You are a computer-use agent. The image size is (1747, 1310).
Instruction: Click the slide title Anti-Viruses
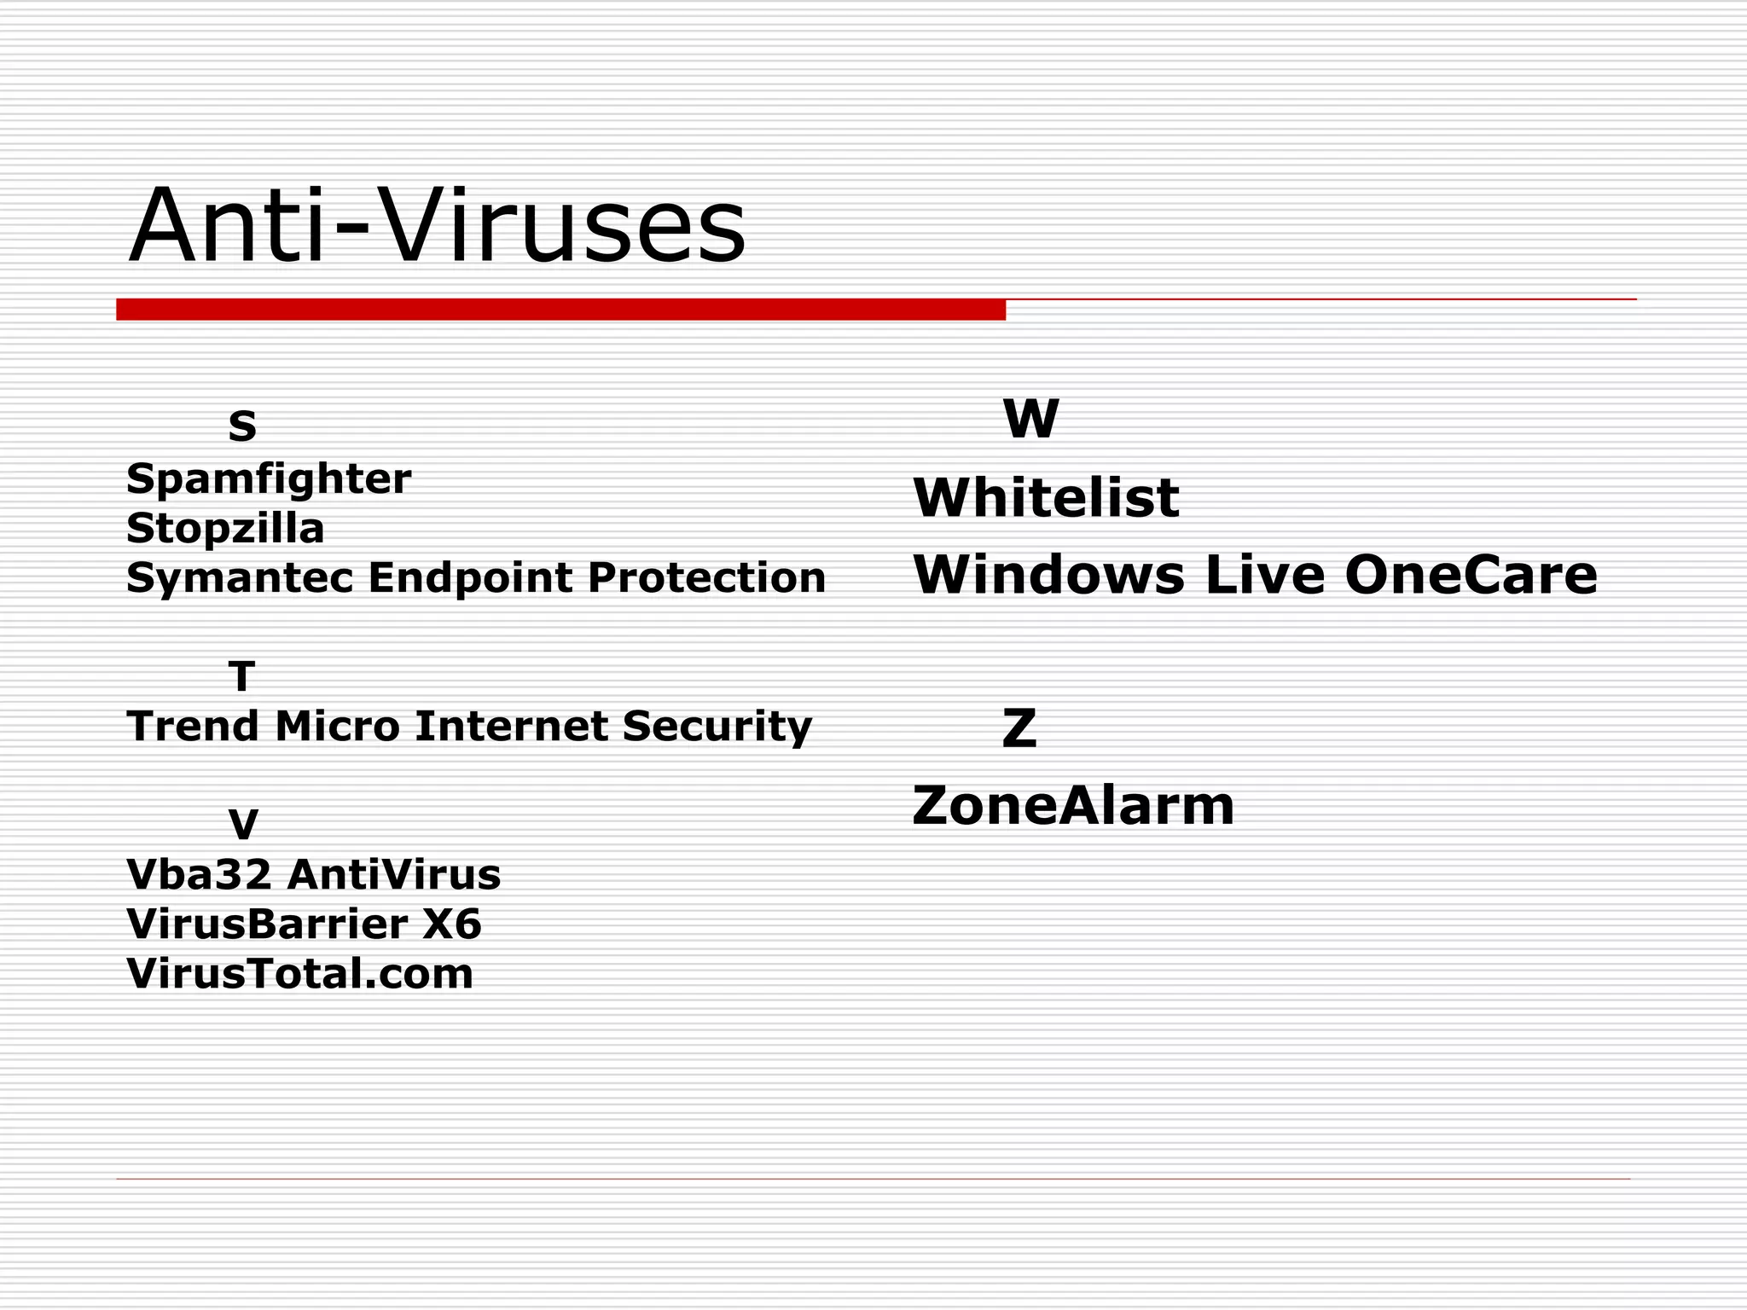[437, 226]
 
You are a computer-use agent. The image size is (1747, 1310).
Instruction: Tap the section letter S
[242, 426]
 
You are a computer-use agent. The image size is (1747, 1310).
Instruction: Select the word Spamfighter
[269, 479]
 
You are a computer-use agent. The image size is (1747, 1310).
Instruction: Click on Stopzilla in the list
[225, 529]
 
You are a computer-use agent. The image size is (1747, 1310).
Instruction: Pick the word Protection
[706, 577]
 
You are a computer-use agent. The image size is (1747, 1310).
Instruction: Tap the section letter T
[242, 677]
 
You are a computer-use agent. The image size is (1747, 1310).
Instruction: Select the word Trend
[193, 727]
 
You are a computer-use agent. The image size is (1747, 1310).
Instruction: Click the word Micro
[338, 727]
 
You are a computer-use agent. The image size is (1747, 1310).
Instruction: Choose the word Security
[717, 727]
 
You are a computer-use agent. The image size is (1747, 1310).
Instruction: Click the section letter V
[243, 825]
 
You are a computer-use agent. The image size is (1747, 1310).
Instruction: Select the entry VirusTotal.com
[300, 974]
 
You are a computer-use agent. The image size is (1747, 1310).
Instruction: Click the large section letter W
[1030, 419]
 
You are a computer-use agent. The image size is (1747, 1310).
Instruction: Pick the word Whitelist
[1046, 497]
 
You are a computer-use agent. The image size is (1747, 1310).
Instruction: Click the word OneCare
[1471, 575]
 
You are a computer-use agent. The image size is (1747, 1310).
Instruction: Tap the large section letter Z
[1019, 728]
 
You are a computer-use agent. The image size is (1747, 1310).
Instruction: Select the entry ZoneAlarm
[1073, 806]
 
